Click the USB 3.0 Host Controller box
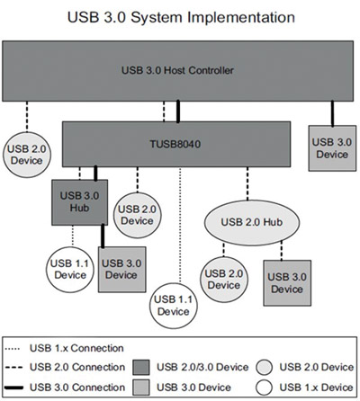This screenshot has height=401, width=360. [179, 70]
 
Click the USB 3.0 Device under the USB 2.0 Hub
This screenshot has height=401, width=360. [286, 281]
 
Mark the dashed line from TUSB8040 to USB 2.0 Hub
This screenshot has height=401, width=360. [247, 183]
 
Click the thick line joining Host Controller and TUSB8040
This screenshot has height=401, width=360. [177, 111]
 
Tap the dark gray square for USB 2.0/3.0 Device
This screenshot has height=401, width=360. [142, 367]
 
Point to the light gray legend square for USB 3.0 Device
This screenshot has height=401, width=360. [142, 386]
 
